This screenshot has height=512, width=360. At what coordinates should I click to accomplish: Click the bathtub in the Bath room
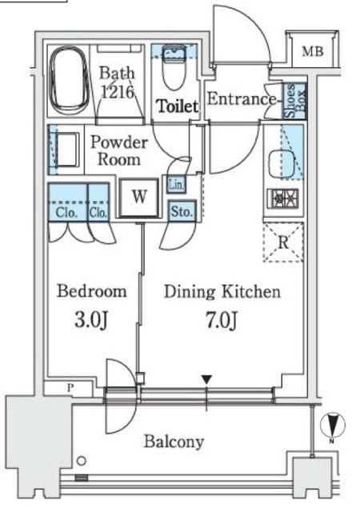tap(69, 81)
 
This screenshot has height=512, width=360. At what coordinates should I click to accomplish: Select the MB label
tap(313, 51)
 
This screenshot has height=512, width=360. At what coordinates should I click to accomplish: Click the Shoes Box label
tap(295, 101)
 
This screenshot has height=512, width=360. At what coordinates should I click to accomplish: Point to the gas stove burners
tap(283, 198)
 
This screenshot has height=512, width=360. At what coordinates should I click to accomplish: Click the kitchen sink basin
tap(282, 164)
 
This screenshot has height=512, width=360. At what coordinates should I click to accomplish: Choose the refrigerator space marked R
tap(283, 242)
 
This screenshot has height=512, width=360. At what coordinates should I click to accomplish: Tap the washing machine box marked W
tap(139, 198)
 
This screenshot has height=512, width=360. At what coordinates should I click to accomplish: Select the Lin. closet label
tap(177, 185)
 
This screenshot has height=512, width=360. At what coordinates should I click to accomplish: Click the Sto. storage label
tap(182, 211)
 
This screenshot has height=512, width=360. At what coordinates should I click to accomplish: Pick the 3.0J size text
tap(91, 320)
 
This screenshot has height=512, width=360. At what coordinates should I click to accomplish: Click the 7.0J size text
tap(222, 320)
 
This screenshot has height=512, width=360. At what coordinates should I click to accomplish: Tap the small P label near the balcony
tap(70, 388)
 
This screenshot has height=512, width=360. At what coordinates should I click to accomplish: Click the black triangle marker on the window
tap(206, 379)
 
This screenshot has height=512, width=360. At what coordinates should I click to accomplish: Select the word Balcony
tap(174, 442)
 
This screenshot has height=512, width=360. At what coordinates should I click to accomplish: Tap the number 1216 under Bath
tap(118, 92)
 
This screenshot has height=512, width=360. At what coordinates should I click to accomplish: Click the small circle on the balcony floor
tap(82, 461)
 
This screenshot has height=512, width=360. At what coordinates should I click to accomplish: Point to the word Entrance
tap(241, 98)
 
